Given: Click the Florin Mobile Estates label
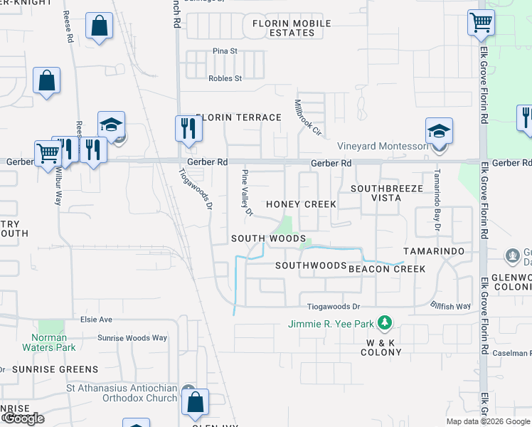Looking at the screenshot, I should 292,28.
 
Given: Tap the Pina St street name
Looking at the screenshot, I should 225,51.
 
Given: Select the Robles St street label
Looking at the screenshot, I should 225,78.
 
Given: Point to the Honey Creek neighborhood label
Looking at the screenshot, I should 301,204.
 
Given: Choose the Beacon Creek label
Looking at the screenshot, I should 387,269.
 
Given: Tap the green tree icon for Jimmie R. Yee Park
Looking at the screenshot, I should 385,324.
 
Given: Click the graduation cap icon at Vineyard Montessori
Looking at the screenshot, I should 439,132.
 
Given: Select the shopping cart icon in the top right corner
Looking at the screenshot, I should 481,22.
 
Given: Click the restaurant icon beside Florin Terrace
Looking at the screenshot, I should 188,128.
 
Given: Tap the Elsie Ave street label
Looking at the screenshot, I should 97,320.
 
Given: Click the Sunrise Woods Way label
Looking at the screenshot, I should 132,338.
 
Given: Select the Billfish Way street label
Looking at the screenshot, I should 451,307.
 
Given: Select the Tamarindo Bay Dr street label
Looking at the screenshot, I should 437,201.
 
